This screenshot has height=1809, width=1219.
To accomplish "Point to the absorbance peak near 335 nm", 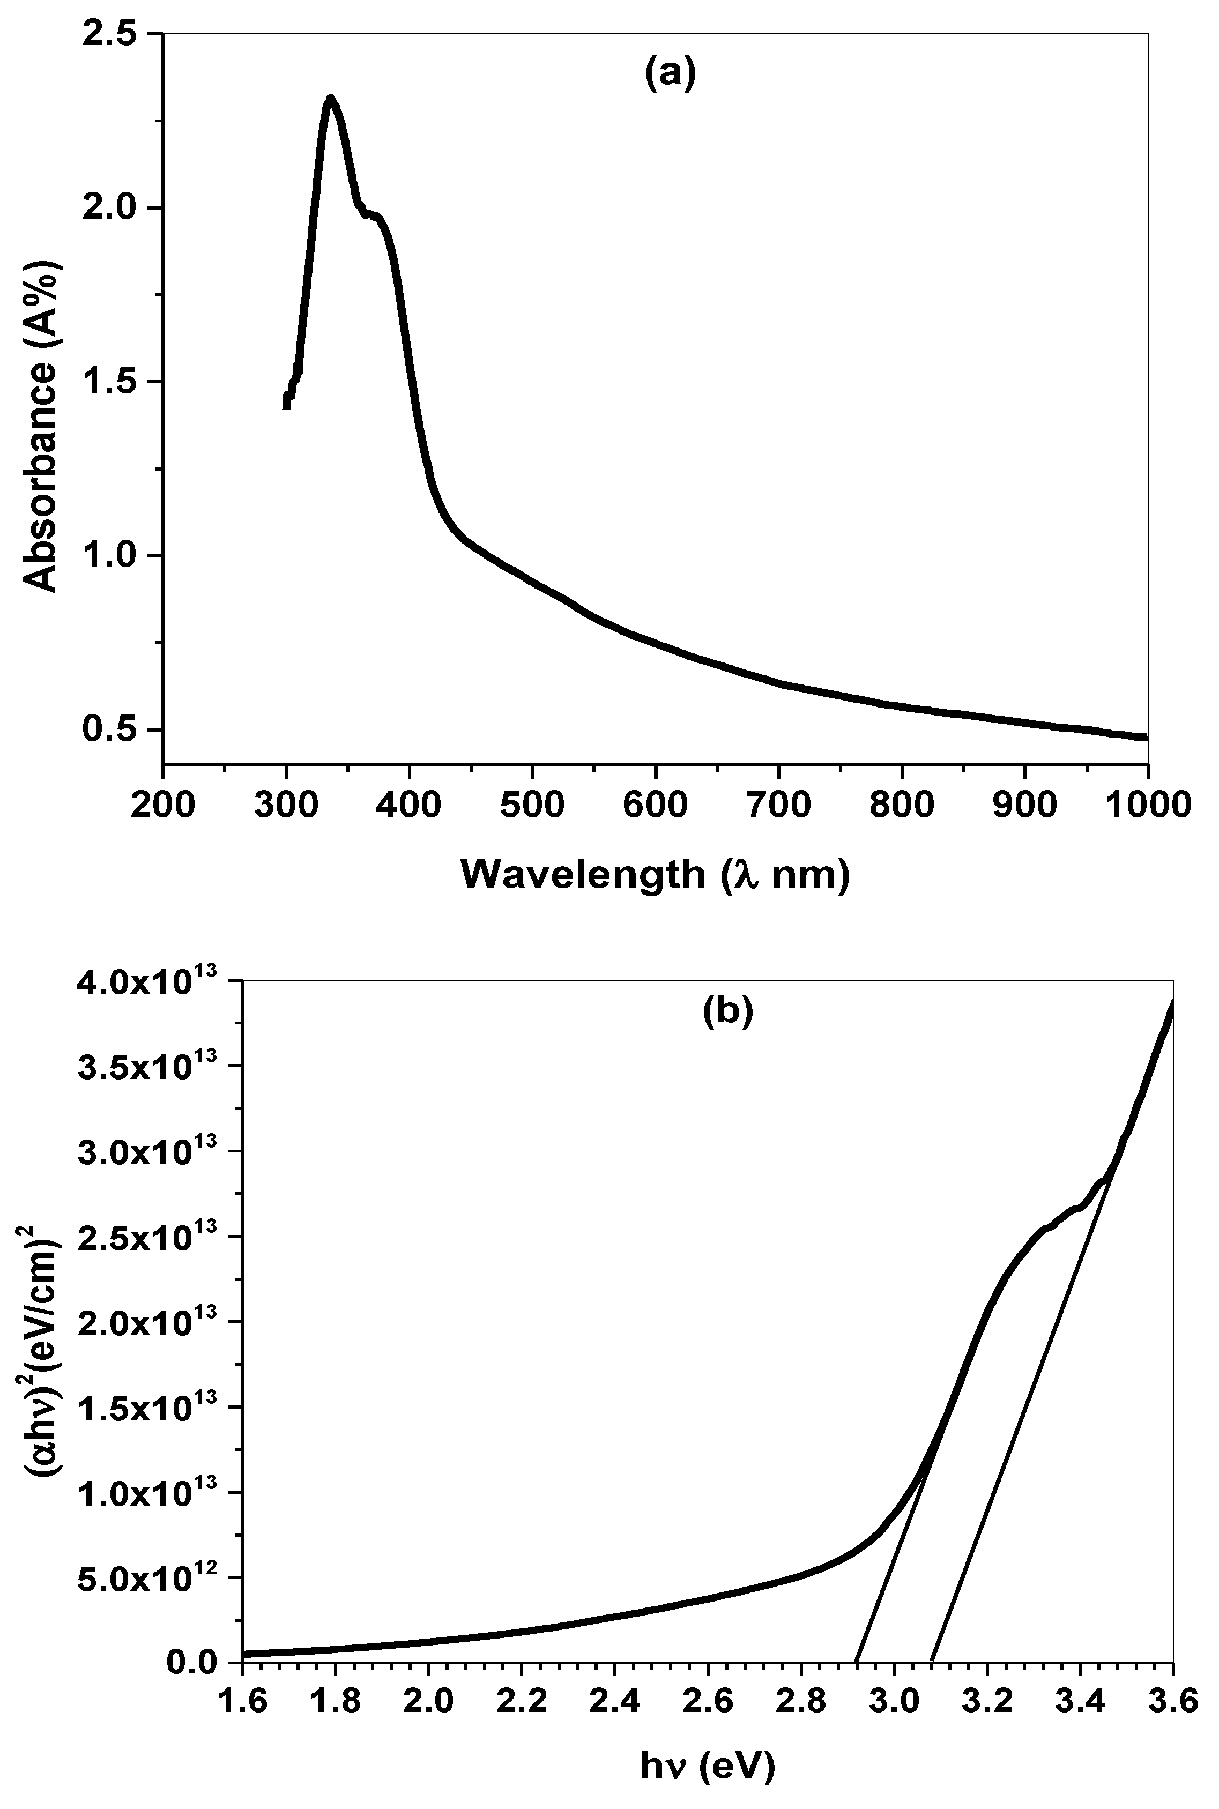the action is pos(330,100).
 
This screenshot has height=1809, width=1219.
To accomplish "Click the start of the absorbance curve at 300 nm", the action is pos(286,404).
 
